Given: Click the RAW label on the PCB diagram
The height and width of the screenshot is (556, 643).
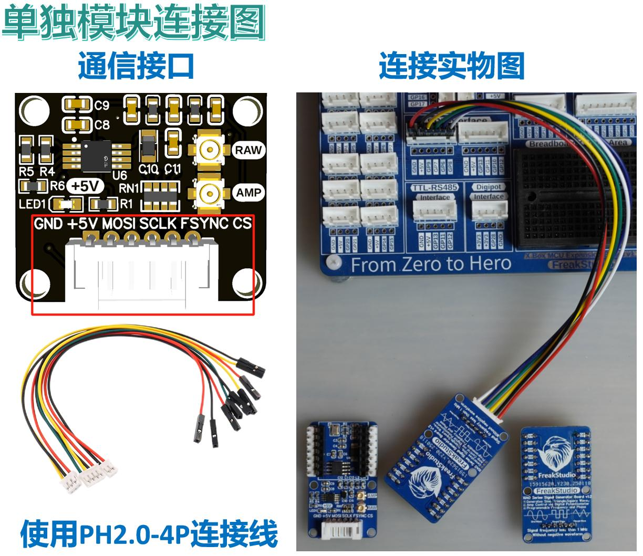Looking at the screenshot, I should pos(248,150).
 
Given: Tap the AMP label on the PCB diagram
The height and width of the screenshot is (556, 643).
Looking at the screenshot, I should pos(248,193).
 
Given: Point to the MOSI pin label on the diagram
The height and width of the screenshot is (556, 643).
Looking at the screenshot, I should pos(118,224).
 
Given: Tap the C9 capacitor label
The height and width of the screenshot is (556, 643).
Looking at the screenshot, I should pos(102,106).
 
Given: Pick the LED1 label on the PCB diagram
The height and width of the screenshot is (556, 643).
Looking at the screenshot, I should pos(32,204).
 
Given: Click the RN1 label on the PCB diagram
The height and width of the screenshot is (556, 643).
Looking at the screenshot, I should pos(129,188).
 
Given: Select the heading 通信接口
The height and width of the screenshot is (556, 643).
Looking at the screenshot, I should pos(137,66).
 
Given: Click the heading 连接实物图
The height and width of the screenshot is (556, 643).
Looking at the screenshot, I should pos(452,66).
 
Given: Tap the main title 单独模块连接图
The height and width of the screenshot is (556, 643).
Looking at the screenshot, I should pos(134,23).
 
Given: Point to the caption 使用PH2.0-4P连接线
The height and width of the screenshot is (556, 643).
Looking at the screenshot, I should pos(149,534).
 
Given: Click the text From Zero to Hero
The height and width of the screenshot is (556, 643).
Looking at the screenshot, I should pos(431,264).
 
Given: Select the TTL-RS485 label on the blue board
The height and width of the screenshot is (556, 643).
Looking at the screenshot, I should pos(434,187).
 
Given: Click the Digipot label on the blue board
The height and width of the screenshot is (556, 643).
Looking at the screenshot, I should pos(489,187).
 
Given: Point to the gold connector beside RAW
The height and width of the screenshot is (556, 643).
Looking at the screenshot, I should pos(209,150).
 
